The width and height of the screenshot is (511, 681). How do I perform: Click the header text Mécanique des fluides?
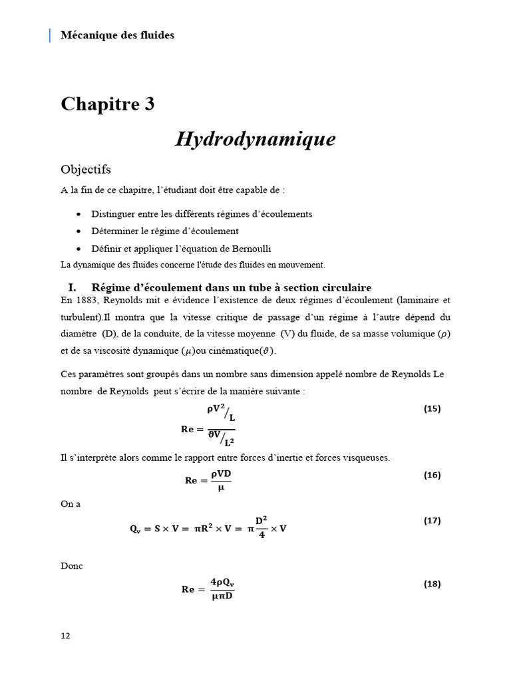[x=117, y=35]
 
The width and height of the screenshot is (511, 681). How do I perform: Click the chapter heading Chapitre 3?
[x=108, y=104]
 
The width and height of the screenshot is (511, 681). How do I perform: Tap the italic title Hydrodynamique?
[x=255, y=139]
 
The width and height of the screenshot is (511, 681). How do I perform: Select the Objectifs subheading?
[x=86, y=170]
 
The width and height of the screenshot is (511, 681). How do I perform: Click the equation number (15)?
[x=432, y=408]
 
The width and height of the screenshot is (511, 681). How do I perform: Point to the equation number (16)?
[x=432, y=475]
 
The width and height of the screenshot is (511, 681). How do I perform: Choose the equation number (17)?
[x=432, y=521]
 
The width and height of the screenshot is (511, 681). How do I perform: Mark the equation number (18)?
[x=432, y=584]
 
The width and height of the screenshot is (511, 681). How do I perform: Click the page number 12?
[x=65, y=635]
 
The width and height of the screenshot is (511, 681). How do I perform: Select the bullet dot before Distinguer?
[x=79, y=214]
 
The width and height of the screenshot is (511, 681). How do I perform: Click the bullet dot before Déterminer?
[x=79, y=231]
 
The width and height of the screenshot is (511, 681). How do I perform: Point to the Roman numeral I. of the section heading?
[x=73, y=287]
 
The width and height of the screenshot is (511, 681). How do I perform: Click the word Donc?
[x=72, y=566]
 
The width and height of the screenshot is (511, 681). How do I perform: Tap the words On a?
[x=71, y=503]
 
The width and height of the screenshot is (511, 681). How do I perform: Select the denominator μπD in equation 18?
[x=222, y=595]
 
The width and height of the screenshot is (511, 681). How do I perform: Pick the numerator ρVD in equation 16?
[x=220, y=473]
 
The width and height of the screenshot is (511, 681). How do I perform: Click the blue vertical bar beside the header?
[x=50, y=35]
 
